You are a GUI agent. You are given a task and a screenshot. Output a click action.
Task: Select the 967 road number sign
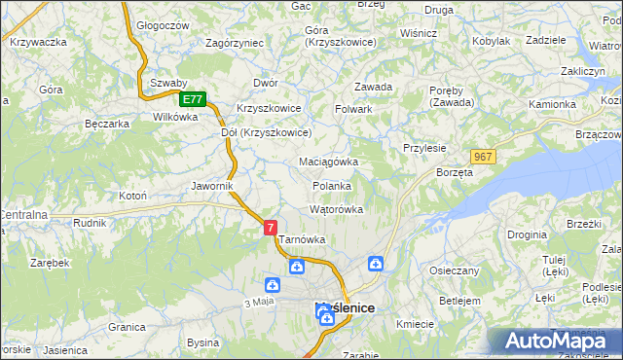click(x=484, y=157)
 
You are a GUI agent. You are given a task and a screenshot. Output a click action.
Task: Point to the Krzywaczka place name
click(x=38, y=42)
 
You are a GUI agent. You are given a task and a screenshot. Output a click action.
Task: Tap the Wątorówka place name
click(x=336, y=209)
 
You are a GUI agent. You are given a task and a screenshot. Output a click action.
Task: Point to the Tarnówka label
click(x=302, y=239)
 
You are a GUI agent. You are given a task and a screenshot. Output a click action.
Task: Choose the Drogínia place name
click(x=527, y=235)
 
